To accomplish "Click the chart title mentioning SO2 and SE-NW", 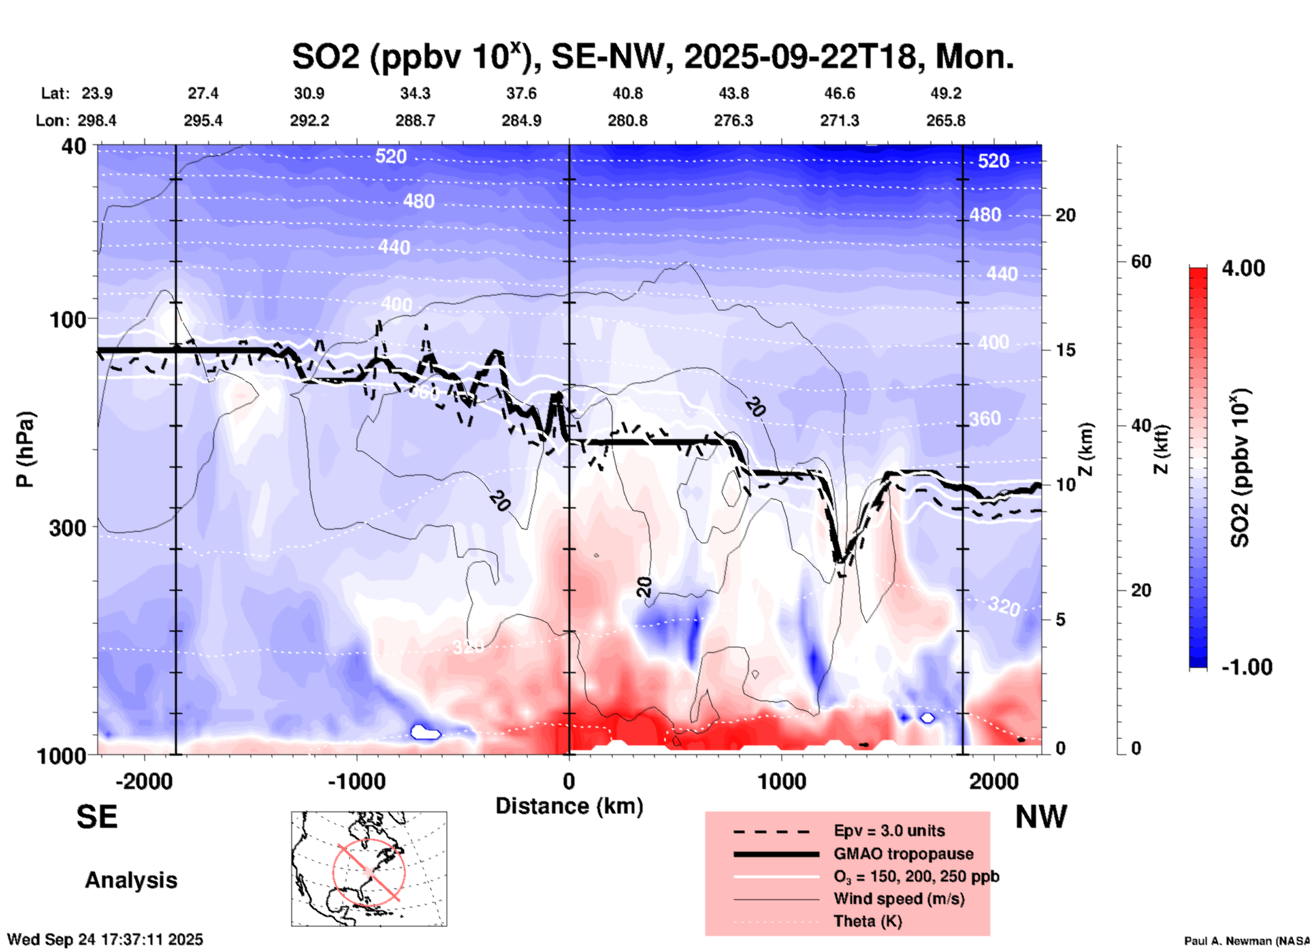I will pos(652,56).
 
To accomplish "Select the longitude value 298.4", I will pos(97,121).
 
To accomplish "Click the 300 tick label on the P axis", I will pos(68,528).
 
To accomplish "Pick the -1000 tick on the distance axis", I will pos(356,782).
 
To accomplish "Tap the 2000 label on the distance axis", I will pos(994,782).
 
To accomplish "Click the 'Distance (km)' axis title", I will pos(569,806).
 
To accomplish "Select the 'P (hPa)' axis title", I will pos(25,449).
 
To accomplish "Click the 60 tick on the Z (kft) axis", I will pos(1141,261).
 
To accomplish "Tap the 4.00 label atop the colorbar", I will pos(1243,268).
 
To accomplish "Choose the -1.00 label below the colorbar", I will pos(1246,667).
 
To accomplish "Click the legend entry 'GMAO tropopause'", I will pos(903,854).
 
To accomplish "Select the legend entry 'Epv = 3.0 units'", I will pos(889,831).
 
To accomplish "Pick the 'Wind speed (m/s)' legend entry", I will pos(899,899).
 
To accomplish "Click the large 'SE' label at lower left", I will pos(97,817).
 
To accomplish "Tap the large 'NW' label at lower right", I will pos(1041,817).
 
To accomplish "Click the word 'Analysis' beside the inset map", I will pos(131,880).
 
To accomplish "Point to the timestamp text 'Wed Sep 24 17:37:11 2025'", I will pos(105,939).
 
